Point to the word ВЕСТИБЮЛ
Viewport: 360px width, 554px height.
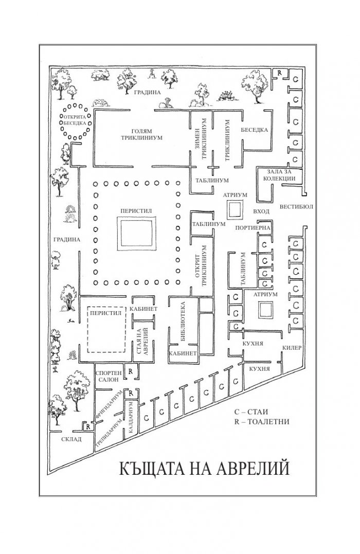click(x=296, y=207)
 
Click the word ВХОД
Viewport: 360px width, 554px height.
click(x=261, y=211)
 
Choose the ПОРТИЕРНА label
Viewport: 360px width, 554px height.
click(x=253, y=228)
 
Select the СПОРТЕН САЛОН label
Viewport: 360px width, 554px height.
click(x=109, y=377)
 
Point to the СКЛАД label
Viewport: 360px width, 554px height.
click(x=71, y=439)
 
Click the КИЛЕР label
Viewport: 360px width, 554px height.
click(x=292, y=348)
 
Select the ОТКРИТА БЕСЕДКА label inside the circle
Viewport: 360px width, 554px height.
click(x=75, y=120)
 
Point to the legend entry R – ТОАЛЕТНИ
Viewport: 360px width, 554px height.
click(x=262, y=421)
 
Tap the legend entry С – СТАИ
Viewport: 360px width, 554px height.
click(x=251, y=412)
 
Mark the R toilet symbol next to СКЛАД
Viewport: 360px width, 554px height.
click(x=87, y=426)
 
